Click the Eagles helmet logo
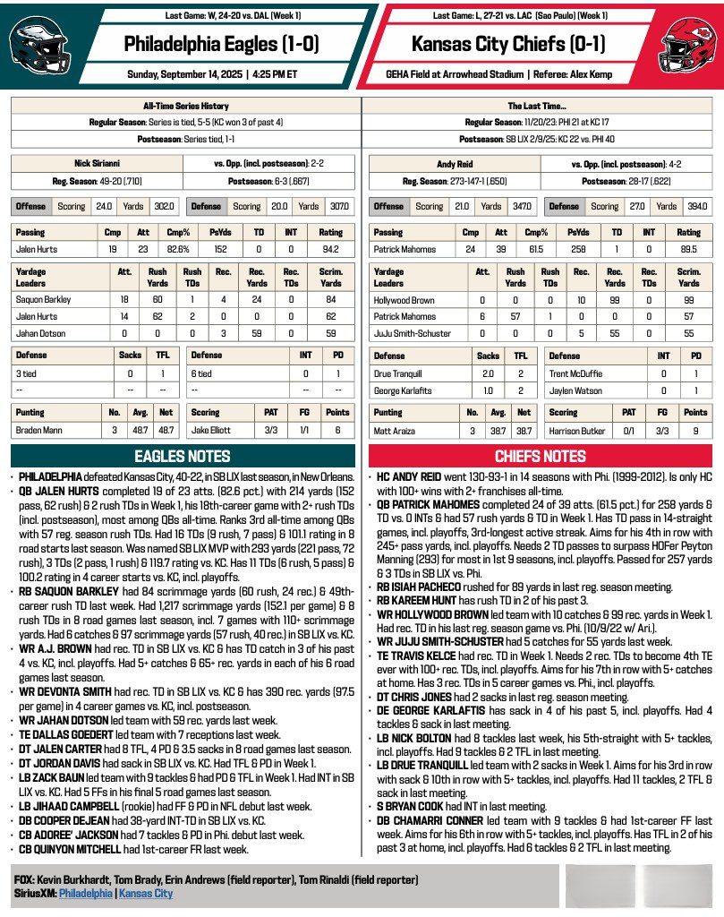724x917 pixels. (x=37, y=45)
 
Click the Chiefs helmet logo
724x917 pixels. (x=686, y=45)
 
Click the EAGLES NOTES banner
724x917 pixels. (x=183, y=456)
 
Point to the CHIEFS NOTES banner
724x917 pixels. (x=541, y=456)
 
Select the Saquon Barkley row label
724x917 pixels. (x=44, y=299)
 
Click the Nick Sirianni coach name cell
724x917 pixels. (x=96, y=164)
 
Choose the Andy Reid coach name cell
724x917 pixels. (x=456, y=164)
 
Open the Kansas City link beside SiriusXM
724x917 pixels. (x=146, y=894)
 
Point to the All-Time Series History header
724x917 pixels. (x=184, y=106)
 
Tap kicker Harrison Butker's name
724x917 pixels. (x=580, y=431)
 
